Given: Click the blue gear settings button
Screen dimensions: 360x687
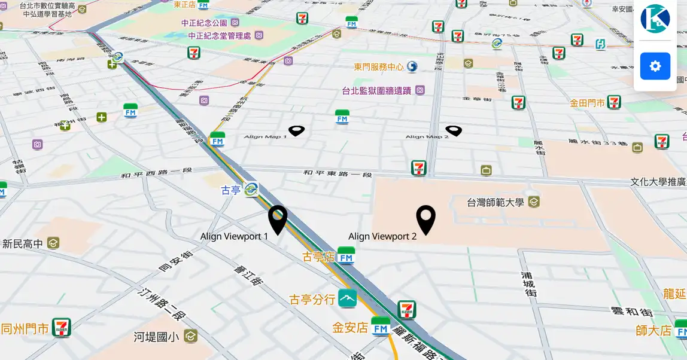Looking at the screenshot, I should tap(655, 66).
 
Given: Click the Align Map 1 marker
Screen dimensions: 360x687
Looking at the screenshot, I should tap(296, 130).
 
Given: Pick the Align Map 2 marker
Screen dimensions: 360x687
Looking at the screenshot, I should tap(454, 130).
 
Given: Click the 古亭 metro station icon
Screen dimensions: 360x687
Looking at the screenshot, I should tap(251, 190).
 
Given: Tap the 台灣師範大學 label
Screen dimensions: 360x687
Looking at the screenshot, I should tap(496, 202).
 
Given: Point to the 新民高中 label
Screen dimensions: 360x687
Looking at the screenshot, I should tap(23, 243).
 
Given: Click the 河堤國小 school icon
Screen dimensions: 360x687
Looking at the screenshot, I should tap(190, 336).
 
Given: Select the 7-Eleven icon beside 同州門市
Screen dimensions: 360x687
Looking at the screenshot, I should tap(61, 328).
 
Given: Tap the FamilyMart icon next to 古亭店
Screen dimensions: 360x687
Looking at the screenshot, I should tap(346, 256).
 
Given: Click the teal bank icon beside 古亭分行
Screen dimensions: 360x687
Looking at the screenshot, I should tap(347, 298).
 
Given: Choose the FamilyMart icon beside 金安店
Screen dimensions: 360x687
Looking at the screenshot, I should tap(381, 327).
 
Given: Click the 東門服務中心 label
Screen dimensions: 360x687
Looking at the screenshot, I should tap(379, 67).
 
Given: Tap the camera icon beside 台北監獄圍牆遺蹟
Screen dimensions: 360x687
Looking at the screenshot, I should tap(420, 90).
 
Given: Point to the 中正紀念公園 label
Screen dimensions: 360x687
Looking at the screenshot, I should tap(204, 23).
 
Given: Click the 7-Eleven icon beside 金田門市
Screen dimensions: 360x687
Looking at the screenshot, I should tap(614, 102).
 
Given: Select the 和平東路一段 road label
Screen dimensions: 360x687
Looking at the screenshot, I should tap(338, 173).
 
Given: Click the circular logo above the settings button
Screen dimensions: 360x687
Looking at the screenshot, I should tap(655, 19).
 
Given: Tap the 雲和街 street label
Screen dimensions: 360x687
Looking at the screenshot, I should tap(631, 312).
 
